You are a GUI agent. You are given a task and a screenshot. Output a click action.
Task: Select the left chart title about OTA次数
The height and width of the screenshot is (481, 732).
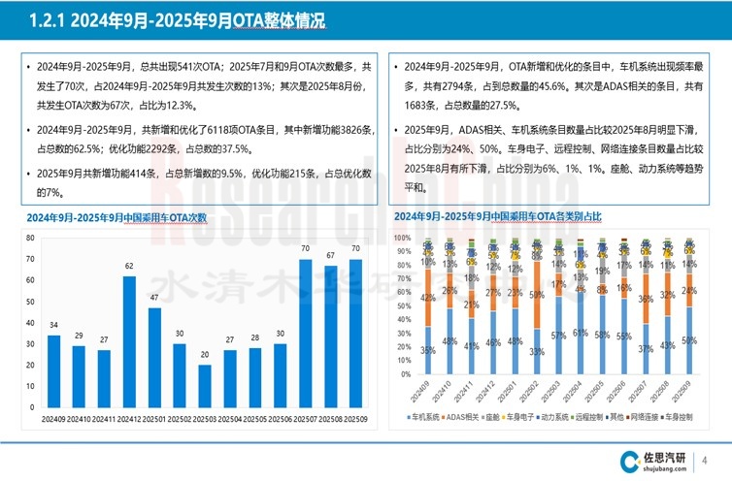pyautogui.click(x=117, y=217)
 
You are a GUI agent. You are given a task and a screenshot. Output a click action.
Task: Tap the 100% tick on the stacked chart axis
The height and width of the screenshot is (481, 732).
pyautogui.click(x=403, y=237)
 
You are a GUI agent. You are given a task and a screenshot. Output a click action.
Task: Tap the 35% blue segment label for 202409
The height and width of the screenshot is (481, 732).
pyautogui.click(x=428, y=350)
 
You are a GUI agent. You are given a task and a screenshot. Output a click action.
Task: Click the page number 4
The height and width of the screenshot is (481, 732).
pyautogui.click(x=704, y=460)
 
